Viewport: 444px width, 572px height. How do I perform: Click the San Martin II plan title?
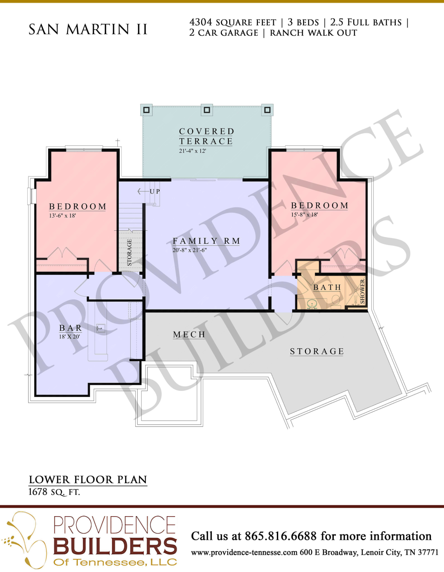88,29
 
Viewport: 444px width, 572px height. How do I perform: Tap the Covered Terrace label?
206,136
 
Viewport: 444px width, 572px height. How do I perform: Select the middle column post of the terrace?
207,110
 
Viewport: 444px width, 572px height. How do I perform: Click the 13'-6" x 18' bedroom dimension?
63,216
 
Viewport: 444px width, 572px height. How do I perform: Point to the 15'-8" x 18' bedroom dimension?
304,215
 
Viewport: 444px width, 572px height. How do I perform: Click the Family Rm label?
206,241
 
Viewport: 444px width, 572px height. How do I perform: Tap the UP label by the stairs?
155,191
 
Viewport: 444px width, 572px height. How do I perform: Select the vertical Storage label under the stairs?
129,252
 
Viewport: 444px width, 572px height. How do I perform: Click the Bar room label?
70,328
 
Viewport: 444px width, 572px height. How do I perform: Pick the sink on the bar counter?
101,328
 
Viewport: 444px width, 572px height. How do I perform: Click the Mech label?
189,335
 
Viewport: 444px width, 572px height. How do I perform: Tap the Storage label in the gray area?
317,351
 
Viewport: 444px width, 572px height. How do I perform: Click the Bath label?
327,287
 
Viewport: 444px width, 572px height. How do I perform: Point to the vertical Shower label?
362,291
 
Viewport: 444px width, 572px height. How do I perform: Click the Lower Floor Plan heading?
88,480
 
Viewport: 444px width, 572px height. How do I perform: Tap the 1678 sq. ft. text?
54,492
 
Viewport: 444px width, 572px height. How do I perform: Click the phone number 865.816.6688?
281,536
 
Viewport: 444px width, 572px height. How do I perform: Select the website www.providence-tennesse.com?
244,553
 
